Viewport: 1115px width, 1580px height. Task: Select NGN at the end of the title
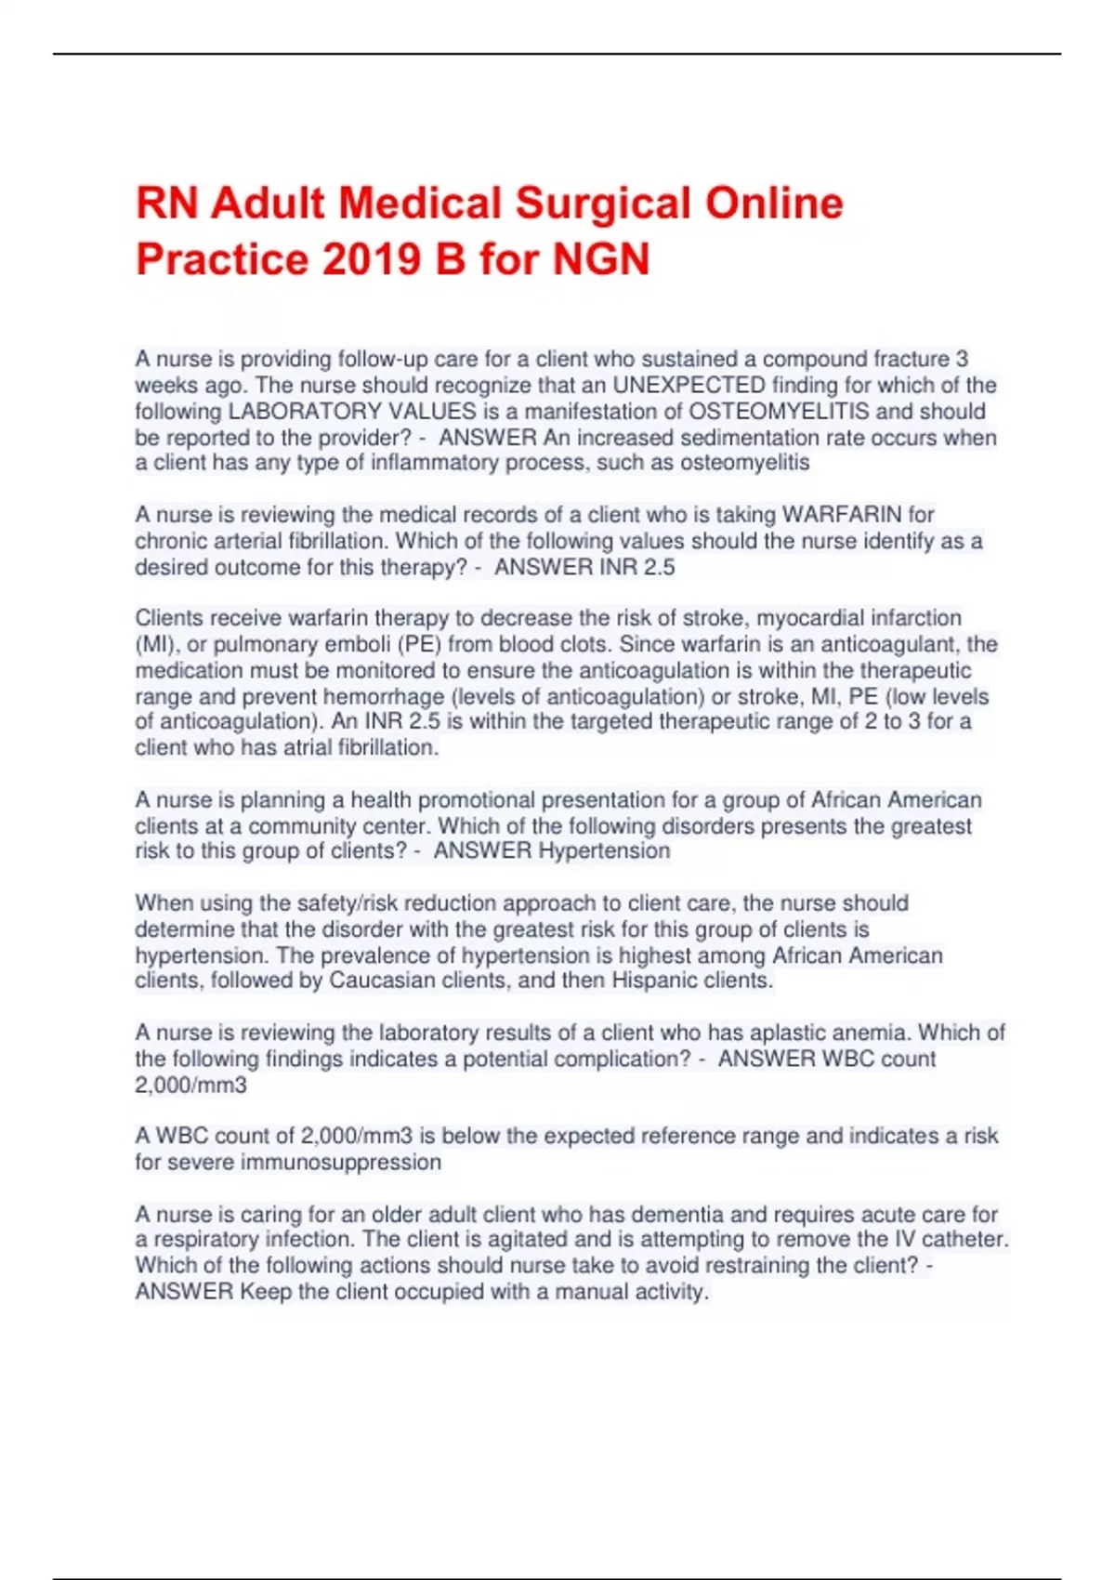601,258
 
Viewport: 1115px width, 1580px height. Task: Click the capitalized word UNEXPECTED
689,385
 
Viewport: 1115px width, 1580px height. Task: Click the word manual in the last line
586,1291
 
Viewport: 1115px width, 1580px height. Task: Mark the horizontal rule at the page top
557,54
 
